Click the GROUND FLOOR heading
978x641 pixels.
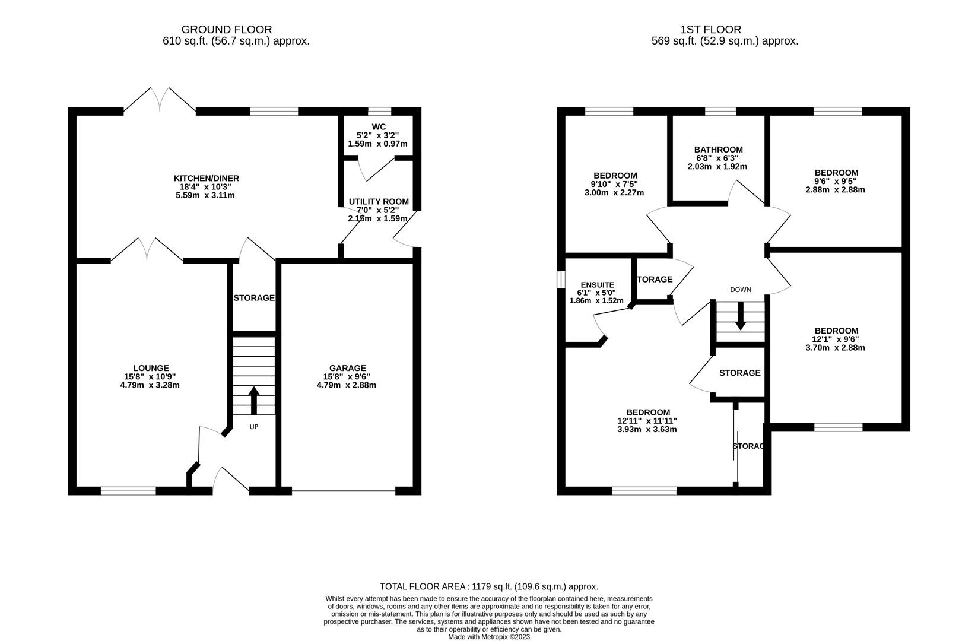226,29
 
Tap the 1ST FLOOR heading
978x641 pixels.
710,29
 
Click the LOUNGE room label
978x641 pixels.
151,368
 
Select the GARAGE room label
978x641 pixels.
347,368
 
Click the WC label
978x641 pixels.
379,127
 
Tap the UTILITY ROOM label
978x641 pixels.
379,202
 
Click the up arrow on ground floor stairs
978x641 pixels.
253,400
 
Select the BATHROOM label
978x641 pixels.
719,150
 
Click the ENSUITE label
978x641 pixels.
597,285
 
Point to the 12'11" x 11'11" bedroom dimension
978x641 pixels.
647,421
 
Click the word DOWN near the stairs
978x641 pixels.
740,290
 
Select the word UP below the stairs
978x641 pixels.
253,427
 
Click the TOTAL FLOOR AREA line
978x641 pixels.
488,586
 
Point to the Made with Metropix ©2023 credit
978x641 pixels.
488,637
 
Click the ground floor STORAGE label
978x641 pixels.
253,297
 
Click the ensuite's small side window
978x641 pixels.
560,280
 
